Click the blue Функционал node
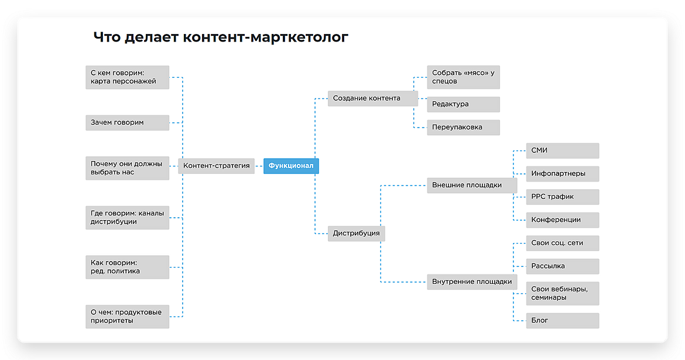pyautogui.click(x=291, y=166)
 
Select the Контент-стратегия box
pyautogui.click(x=216, y=166)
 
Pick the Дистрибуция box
pyautogui.click(x=356, y=233)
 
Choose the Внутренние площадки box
pyautogui.click(x=472, y=282)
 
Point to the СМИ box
pyautogui.click(x=562, y=150)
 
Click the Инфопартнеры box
pyautogui.click(x=562, y=174)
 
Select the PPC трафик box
pyautogui.click(x=562, y=197)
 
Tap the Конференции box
pyautogui.click(x=562, y=220)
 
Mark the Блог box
pyautogui.click(x=562, y=321)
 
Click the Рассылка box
pyautogui.click(x=562, y=266)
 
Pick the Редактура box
pyautogui.click(x=463, y=104)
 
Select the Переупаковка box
pyautogui.click(x=463, y=127)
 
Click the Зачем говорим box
pyautogui.click(x=127, y=122)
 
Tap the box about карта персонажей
pyautogui.click(x=127, y=77)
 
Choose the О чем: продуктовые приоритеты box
pyautogui.click(x=127, y=316)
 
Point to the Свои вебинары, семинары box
pyautogui.click(x=562, y=293)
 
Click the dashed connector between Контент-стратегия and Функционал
pyautogui.click(x=259, y=166)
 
